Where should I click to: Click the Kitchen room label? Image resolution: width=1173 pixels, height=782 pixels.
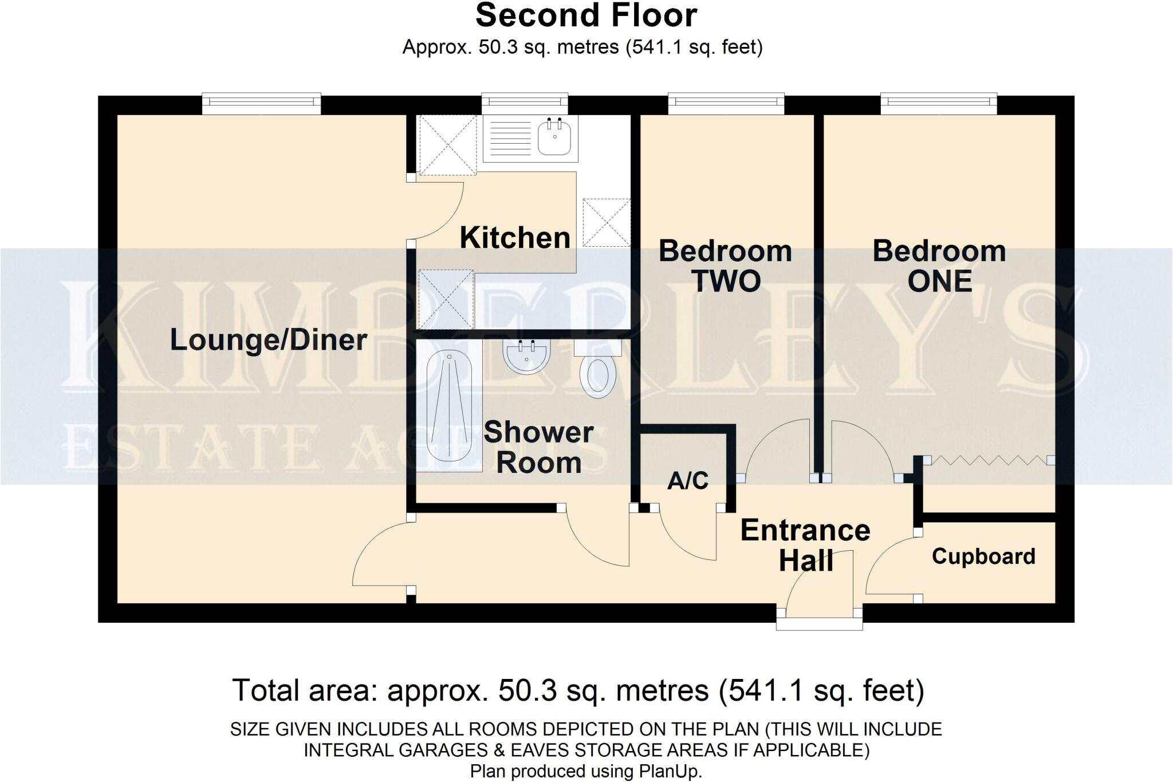(x=515, y=238)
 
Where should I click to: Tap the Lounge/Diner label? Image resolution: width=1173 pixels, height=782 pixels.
(x=269, y=340)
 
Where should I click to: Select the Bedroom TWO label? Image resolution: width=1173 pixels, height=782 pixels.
(x=726, y=266)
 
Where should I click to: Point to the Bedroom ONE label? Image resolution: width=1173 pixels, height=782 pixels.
(x=939, y=266)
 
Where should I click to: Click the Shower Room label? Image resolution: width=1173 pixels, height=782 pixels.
(x=538, y=447)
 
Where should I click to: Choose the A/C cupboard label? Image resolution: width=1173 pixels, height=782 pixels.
(x=688, y=481)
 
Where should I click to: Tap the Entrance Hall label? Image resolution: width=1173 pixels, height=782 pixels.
(x=805, y=545)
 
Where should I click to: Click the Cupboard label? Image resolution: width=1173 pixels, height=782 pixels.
(x=983, y=556)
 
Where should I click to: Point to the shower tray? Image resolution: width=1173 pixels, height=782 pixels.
(x=450, y=406)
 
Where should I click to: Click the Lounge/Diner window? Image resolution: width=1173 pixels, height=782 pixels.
(x=261, y=102)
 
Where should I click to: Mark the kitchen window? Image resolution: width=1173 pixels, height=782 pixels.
(x=525, y=103)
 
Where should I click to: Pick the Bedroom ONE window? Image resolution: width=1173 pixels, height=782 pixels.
(x=939, y=103)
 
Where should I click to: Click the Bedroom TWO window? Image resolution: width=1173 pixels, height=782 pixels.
(x=726, y=103)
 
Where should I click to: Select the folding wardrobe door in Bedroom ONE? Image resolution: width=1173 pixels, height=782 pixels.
(x=989, y=460)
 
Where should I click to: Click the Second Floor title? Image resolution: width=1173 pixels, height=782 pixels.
(x=586, y=15)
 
